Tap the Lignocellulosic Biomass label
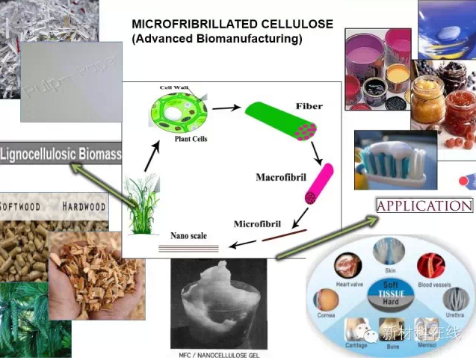pos(61,155)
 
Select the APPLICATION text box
pos(425,206)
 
